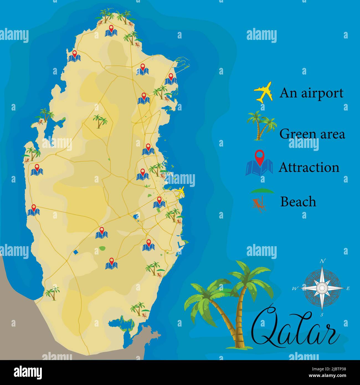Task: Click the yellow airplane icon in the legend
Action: (x=263, y=92)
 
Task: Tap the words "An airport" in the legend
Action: (x=311, y=93)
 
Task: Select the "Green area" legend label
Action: (x=312, y=134)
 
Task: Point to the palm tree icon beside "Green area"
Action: (x=261, y=125)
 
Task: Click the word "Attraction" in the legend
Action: (x=309, y=168)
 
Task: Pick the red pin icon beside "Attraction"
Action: (x=259, y=157)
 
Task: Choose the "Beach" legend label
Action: (x=298, y=202)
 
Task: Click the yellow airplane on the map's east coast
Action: (x=180, y=192)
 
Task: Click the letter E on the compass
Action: (x=348, y=288)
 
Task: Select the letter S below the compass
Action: (x=322, y=315)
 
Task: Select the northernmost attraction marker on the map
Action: (x=111, y=31)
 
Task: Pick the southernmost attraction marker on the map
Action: (x=111, y=264)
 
